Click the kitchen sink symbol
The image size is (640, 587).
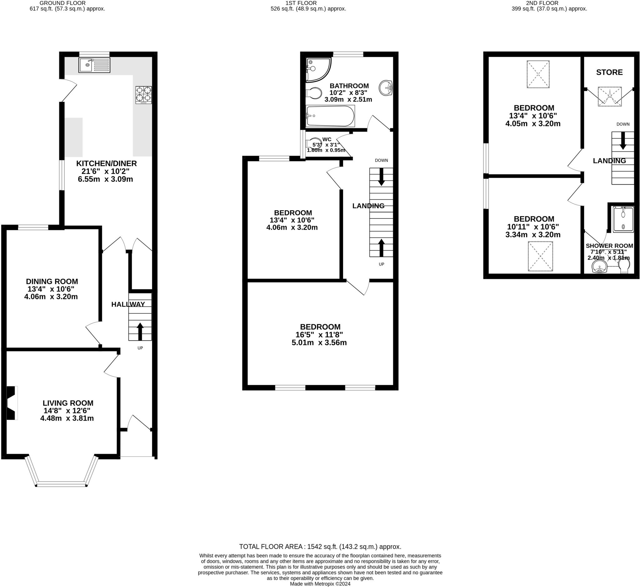click(x=94, y=65)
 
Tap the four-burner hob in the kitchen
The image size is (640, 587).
click(x=144, y=95)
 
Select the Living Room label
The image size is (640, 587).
click(x=68, y=403)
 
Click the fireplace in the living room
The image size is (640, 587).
click(x=12, y=403)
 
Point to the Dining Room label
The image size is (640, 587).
click(x=52, y=281)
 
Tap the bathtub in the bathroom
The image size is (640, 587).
click(x=330, y=116)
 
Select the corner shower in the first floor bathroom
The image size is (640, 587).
click(x=317, y=69)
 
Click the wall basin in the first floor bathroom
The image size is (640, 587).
click(x=386, y=88)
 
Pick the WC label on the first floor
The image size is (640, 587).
click(x=327, y=139)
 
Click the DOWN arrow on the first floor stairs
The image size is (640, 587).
click(x=381, y=177)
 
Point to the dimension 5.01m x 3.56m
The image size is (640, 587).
click(x=319, y=343)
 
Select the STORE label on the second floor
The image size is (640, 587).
click(x=609, y=72)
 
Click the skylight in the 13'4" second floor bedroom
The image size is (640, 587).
click(x=538, y=74)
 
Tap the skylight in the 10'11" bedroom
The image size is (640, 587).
click(x=540, y=256)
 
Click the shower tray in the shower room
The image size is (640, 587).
click(x=623, y=219)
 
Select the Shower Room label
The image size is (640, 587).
click(x=609, y=246)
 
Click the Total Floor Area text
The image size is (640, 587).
click(x=320, y=547)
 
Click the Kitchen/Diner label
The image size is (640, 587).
click(x=107, y=164)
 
